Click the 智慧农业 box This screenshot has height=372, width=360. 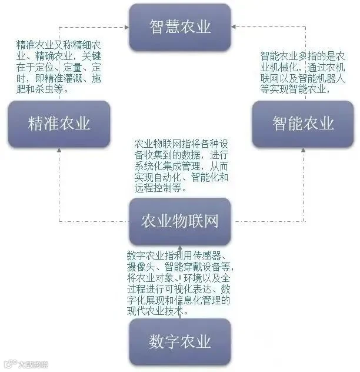tap(180, 27)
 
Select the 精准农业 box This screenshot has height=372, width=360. tap(59, 124)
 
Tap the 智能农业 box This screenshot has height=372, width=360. tap(303, 124)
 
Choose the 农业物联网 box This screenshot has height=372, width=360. tap(180, 221)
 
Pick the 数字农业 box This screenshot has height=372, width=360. tap(180, 342)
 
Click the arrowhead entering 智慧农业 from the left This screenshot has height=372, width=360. tap(127, 27)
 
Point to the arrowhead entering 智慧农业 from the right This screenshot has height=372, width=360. tap(234, 27)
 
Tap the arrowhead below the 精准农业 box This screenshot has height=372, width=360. tap(59, 150)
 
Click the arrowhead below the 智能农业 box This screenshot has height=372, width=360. tap(303, 150)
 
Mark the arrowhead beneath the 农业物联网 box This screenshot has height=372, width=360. tap(180, 247)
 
